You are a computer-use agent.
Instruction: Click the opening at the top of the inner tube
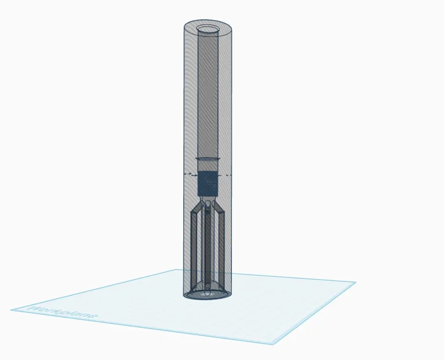click(208, 29)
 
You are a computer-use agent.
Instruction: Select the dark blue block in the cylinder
click(208, 183)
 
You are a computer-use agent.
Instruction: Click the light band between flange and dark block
click(208, 166)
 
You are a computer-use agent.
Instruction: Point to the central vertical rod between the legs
click(208, 248)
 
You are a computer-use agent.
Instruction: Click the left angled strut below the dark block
click(198, 207)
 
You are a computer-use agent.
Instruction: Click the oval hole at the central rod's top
click(208, 205)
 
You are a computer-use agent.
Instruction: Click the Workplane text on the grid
click(63, 313)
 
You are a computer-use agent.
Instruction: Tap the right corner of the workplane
click(354, 283)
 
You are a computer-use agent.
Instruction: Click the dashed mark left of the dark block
click(188, 173)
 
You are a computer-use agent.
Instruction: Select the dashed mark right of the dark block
click(228, 173)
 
